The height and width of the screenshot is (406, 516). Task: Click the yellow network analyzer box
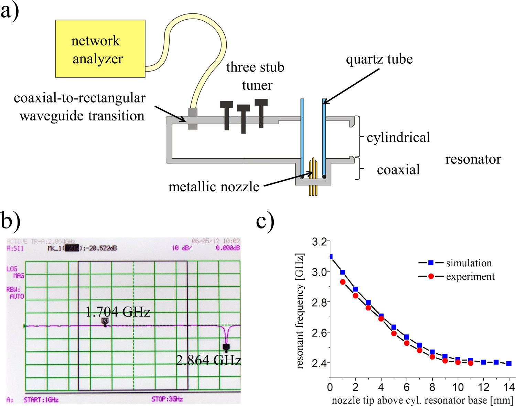pyautogui.click(x=100, y=49)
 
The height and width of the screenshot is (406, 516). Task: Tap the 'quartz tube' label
pyautogui.click(x=379, y=59)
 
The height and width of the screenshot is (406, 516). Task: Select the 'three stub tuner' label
pyautogui.click(x=255, y=76)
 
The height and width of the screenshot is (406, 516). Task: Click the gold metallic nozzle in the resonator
pyautogui.click(x=313, y=172)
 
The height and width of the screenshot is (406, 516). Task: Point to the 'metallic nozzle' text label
pyautogui.click(x=214, y=187)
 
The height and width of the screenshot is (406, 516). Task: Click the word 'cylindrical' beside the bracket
pyautogui.click(x=398, y=138)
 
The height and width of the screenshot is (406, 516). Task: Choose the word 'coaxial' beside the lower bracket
pyautogui.click(x=398, y=170)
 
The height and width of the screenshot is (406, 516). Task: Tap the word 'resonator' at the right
pyautogui.click(x=473, y=159)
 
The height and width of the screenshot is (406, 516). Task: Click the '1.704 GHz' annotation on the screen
pyautogui.click(x=118, y=312)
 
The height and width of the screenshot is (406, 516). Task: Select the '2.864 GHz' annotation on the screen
pyautogui.click(x=208, y=360)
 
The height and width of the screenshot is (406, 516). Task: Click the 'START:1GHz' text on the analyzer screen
pyautogui.click(x=41, y=400)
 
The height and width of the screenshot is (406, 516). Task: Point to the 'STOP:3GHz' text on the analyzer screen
pyautogui.click(x=167, y=399)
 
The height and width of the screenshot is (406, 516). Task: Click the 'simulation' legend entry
pyautogui.click(x=469, y=263)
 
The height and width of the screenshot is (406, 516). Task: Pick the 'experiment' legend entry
pyautogui.click(x=470, y=277)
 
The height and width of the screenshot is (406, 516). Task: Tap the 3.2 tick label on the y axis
pyautogui.click(x=319, y=242)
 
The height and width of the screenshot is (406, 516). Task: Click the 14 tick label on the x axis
pyautogui.click(x=509, y=387)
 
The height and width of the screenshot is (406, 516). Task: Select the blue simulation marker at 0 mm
pyautogui.click(x=331, y=257)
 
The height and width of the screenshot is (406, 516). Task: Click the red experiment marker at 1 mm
pyautogui.click(x=343, y=282)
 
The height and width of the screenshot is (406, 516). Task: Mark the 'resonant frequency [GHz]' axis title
pyautogui.click(x=300, y=311)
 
